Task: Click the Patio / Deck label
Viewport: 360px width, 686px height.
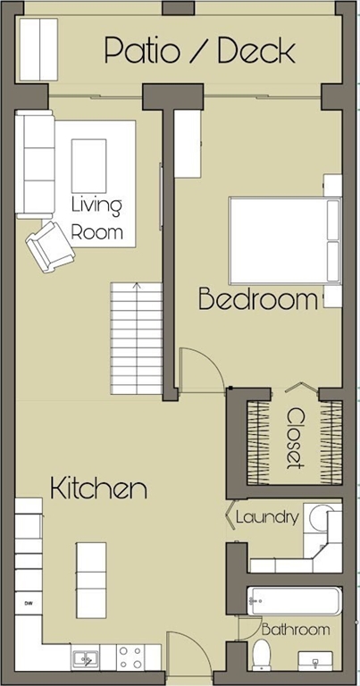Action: (x=200, y=51)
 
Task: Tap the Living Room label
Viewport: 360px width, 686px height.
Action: (x=96, y=218)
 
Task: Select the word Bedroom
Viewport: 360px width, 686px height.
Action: (x=258, y=299)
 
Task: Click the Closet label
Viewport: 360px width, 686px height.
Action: (x=296, y=438)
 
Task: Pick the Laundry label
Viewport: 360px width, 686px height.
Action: (x=267, y=517)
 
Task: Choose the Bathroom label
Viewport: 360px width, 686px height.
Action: (x=296, y=630)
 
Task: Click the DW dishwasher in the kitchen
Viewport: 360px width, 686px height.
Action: (x=29, y=604)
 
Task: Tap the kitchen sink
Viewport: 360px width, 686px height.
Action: (x=86, y=657)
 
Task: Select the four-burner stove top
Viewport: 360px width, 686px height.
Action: (x=130, y=657)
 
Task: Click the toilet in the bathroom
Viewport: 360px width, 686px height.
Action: (x=262, y=655)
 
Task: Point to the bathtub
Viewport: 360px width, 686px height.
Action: (x=295, y=601)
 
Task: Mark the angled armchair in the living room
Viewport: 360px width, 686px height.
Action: (x=50, y=246)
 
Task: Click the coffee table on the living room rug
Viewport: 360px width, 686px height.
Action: (x=88, y=165)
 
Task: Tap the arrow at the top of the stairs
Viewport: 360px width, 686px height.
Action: (x=137, y=287)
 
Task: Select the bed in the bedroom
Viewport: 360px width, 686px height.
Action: (x=285, y=240)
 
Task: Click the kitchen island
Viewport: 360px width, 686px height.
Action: (x=91, y=580)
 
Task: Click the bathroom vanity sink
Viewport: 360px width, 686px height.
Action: (x=315, y=661)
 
